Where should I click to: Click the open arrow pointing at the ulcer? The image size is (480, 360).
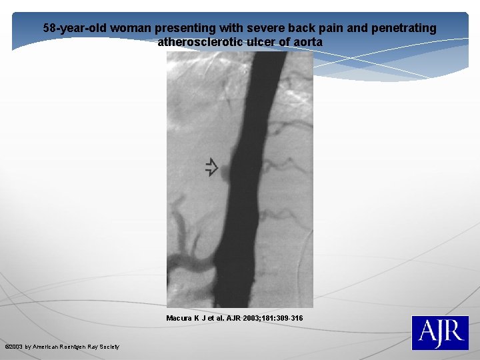[211, 167]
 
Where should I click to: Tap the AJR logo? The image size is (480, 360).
[440, 333]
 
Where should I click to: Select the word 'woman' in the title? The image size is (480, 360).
[130, 29]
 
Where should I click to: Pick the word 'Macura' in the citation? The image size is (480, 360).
[179, 319]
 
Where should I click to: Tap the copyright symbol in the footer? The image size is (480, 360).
[7, 347]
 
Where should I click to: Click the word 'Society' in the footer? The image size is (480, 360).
[109, 347]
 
